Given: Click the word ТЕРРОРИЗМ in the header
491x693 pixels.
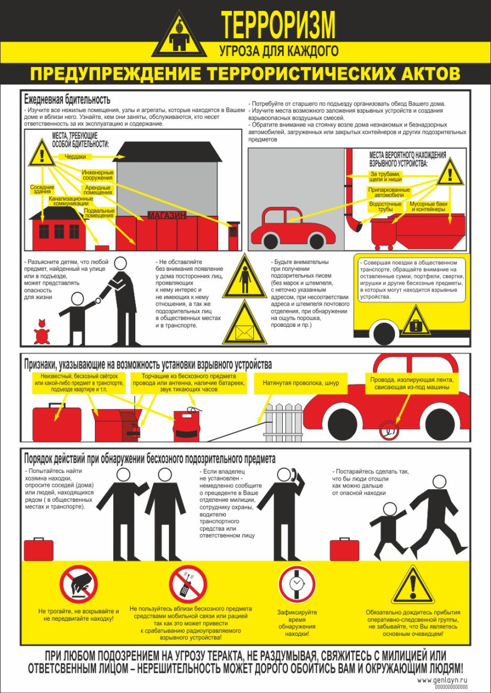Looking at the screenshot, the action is tap(278, 25).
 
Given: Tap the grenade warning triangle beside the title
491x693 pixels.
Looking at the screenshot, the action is tap(179, 35).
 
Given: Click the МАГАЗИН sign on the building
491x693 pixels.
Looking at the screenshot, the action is tap(167, 215).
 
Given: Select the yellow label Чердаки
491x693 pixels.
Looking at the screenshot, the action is tap(75, 157).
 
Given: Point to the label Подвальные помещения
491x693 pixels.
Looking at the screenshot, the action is tap(99, 213).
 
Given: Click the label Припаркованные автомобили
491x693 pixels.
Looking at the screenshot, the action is tap(389, 192).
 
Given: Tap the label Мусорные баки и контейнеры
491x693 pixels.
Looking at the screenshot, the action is tap(429, 207).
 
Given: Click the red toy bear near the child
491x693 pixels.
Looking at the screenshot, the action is tap(42, 332).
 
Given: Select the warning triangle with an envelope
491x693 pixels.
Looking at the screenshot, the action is tap(245, 323).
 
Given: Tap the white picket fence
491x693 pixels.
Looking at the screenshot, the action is tap(284, 422).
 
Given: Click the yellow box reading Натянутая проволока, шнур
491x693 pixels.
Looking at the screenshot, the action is tap(301, 383).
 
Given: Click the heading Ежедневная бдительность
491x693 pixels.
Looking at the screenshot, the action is tap(67, 99).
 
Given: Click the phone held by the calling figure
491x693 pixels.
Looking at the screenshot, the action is tap(294, 475).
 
